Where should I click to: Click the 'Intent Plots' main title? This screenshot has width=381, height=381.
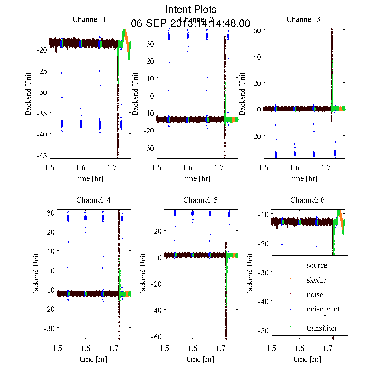click(190, 9)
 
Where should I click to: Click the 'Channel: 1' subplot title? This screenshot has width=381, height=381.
click(90, 19)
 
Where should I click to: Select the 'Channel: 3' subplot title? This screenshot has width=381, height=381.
click(303, 19)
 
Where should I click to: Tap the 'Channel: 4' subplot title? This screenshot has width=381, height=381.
click(93, 200)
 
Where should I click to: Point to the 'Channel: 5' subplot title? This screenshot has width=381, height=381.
click(200, 200)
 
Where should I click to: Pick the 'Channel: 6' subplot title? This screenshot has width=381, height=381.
click(307, 200)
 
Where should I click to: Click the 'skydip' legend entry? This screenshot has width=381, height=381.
click(316, 280)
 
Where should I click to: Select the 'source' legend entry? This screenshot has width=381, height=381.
click(317, 265)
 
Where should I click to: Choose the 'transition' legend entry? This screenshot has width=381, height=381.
click(321, 328)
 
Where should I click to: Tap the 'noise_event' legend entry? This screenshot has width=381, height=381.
click(323, 310)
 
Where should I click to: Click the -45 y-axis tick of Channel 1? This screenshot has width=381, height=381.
click(42, 155)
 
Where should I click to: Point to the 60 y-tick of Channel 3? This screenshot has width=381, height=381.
click(257, 30)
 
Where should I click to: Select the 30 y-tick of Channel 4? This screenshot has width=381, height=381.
click(51, 213)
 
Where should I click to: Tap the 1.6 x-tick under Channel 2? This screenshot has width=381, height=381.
click(188, 168)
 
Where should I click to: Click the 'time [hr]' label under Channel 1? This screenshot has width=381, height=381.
click(89, 178)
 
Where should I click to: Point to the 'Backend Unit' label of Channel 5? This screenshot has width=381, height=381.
click(143, 274)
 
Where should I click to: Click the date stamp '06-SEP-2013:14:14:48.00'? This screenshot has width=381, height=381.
click(190, 23)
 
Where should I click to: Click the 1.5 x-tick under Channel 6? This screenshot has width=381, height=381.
click(271, 348)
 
